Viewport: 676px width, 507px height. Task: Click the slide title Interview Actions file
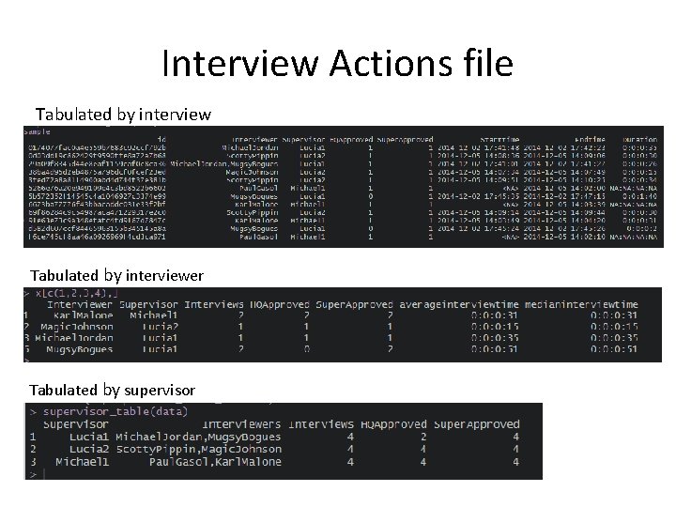(337, 64)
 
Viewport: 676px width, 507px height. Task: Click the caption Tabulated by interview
(123, 115)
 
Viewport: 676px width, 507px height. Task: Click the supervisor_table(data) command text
(105, 411)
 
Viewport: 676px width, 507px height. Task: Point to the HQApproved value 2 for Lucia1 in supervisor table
(423, 437)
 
